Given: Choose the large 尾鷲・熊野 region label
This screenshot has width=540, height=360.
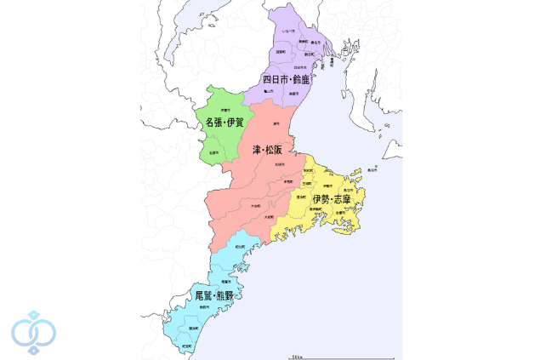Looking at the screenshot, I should pyautogui.click(x=213, y=295).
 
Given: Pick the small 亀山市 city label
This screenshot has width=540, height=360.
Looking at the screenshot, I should pyautogui.click(x=268, y=89).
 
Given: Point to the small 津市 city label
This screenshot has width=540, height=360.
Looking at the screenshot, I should pyautogui.click(x=276, y=123).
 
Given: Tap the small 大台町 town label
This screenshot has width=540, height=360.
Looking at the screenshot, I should pyautogui.click(x=255, y=205).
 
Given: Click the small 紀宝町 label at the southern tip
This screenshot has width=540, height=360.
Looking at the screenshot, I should pyautogui.click(x=186, y=346).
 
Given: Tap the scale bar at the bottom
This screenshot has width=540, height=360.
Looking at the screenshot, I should pyautogui.click(x=294, y=355).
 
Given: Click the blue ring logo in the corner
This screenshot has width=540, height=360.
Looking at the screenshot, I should pyautogui.click(x=32, y=331).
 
